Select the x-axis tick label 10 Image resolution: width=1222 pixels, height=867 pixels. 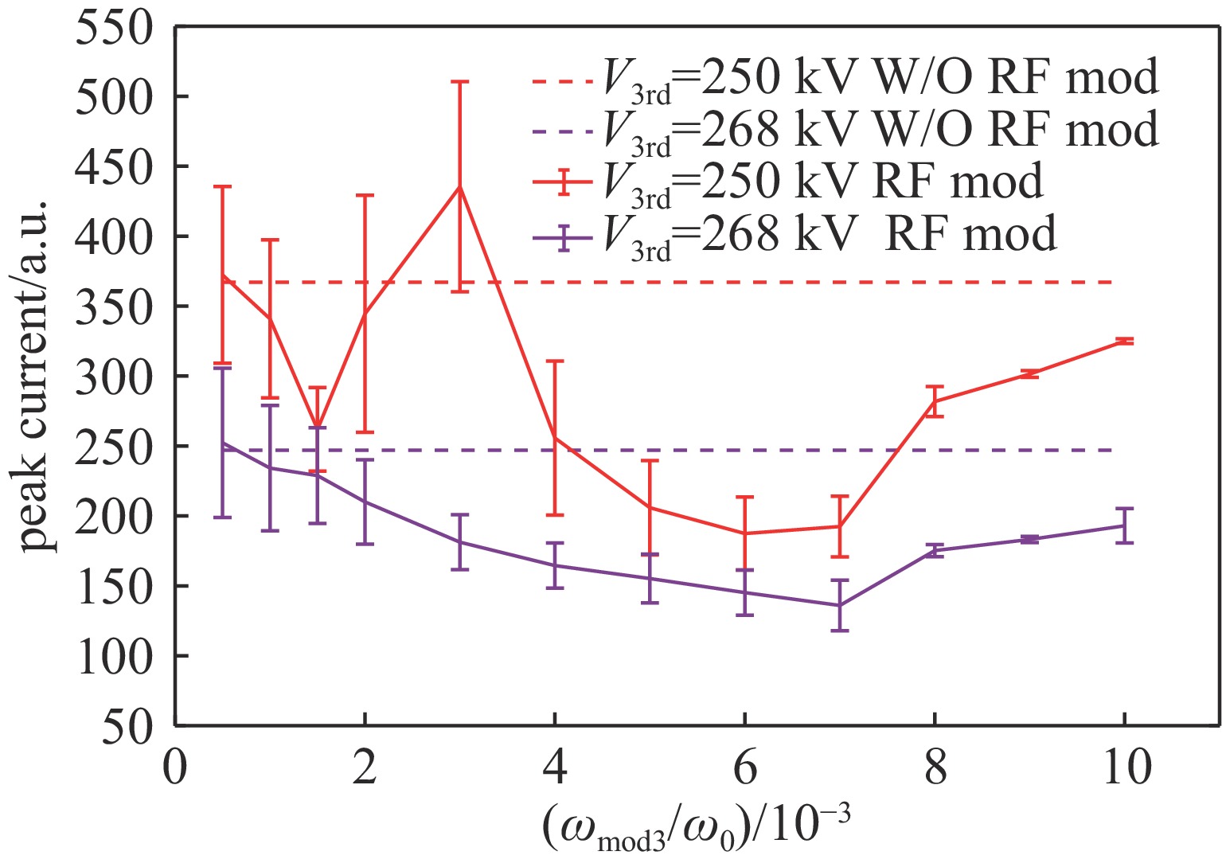pos(1123,768)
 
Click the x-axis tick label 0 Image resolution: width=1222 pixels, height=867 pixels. pos(174,768)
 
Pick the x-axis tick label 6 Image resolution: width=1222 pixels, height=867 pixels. pos(744,768)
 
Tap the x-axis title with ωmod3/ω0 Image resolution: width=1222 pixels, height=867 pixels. pos(697,828)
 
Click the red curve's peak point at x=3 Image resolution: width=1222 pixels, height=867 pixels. pos(459,186)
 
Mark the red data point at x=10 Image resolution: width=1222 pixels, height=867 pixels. pos(1123,341)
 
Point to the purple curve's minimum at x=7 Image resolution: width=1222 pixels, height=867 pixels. pos(839,605)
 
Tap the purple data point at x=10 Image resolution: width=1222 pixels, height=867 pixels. pos(1123,525)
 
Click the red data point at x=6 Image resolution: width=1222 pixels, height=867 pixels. pos(744,533)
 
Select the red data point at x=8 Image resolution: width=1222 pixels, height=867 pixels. pos(935,401)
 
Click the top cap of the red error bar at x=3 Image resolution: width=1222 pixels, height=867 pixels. pos(459,82)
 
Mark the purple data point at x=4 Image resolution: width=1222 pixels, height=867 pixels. pos(555,565)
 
